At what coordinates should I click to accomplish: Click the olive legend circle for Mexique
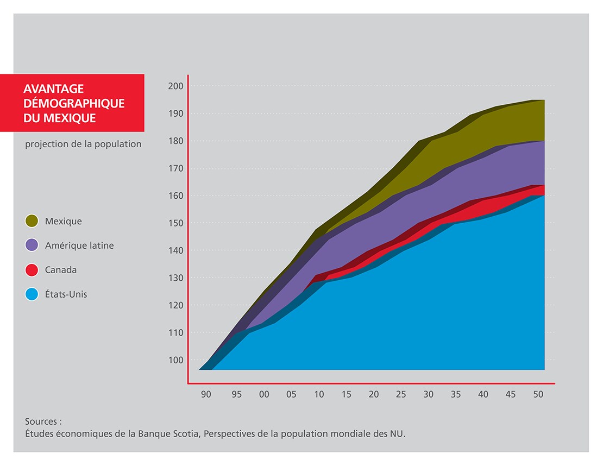pos(32,221)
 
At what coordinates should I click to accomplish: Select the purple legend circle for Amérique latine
pos(32,245)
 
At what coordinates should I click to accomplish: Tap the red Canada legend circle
pos(32,270)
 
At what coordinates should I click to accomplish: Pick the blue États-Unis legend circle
pos(32,294)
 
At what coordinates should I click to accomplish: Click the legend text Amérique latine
pos(79,245)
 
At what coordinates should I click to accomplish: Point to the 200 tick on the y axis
pos(177,86)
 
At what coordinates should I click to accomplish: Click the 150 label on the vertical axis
pos(177,223)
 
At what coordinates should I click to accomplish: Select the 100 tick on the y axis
pos(177,360)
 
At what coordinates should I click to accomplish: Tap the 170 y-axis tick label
pos(177,168)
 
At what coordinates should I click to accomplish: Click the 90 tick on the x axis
pos(206,395)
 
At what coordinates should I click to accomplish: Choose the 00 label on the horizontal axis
pos(264,395)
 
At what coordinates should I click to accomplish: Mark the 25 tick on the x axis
pos(401,395)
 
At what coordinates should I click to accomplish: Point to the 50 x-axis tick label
pos(538,395)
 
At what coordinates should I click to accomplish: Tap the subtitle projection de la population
pos(83,144)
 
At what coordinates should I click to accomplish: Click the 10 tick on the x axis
pos(319,395)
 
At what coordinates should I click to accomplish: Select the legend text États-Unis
pos(66,294)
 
